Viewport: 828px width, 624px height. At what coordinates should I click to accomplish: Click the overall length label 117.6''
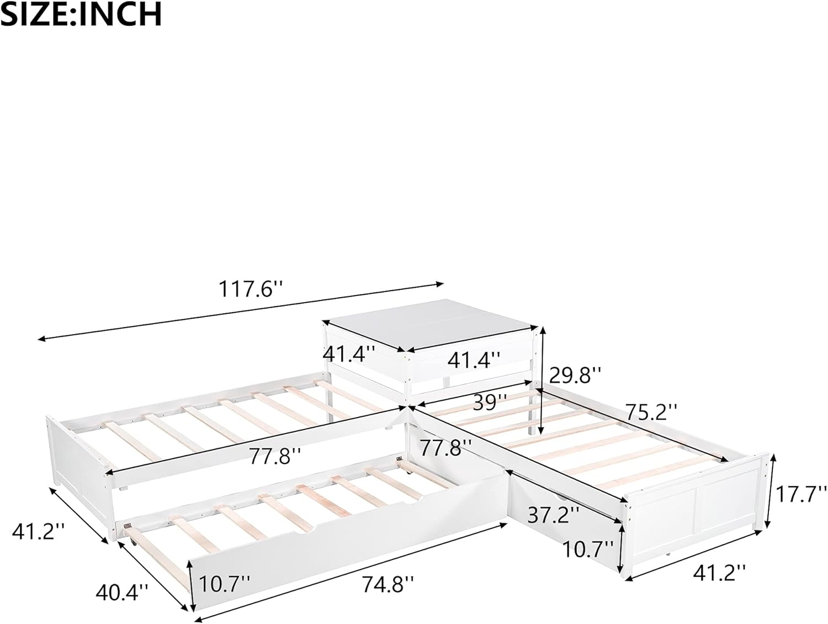(x=250, y=289)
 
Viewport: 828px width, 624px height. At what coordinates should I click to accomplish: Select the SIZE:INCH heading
(x=82, y=14)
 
